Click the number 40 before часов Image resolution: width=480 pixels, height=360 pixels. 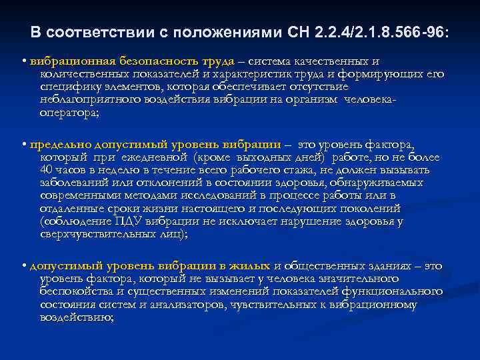click(x=47, y=169)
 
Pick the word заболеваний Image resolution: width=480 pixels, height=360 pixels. click(x=75, y=182)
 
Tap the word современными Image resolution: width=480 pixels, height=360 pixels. click(x=82, y=195)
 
